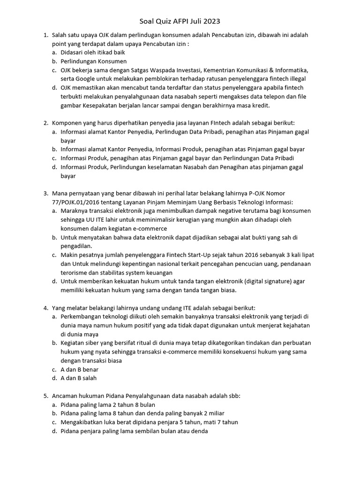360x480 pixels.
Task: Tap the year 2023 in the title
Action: click(211, 21)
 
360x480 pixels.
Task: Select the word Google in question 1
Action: click(90, 79)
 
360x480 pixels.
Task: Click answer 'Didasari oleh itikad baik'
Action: click(92, 52)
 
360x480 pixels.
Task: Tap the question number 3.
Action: click(46, 193)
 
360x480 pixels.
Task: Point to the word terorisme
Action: click(75, 272)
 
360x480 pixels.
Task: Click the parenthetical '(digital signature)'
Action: click(263, 281)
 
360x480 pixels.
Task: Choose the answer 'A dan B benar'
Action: click(79, 369)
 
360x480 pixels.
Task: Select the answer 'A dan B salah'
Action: click(78, 378)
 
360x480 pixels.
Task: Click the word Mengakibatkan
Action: click(82, 422)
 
